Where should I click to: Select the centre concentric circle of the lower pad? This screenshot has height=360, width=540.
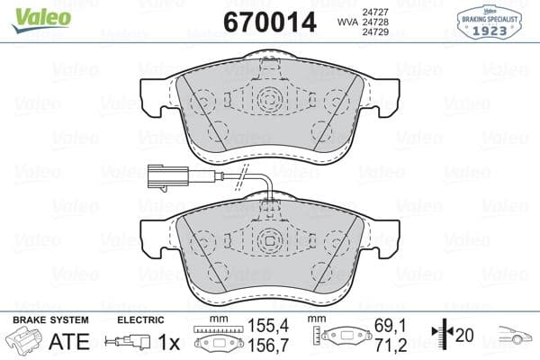click(269, 240)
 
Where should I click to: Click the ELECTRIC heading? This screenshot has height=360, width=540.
click(139, 319)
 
